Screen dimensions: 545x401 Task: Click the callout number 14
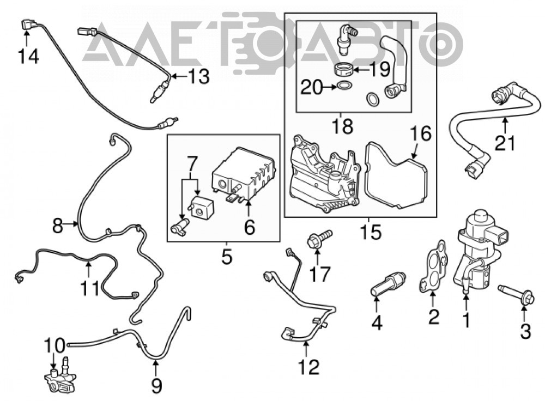tap(28, 56)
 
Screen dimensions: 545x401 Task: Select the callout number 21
tap(505, 143)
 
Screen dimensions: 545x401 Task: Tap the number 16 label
tap(421, 133)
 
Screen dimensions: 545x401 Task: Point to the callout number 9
tap(157, 385)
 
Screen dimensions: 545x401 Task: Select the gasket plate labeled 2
tap(433, 265)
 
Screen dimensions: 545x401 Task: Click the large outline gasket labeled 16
tap(396, 175)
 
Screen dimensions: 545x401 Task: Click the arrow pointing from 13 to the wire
tap(179, 76)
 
